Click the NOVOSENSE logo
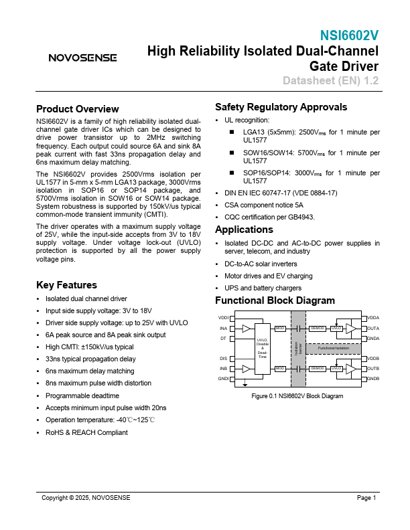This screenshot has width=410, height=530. (82, 58)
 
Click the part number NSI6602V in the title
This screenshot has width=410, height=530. (349, 35)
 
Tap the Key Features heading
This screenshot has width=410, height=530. (66, 285)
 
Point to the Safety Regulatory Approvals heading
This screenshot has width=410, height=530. (281, 107)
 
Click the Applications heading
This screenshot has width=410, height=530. (244, 230)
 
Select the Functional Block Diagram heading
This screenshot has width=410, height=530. (275, 300)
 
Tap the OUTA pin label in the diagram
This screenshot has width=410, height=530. (373, 329)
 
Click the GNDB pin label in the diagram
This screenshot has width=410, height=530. (373, 379)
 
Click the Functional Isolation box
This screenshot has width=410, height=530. (333, 349)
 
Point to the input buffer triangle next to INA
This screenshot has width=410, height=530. (246, 329)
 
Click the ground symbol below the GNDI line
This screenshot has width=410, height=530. (246, 384)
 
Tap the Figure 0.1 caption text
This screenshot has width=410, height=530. (297, 396)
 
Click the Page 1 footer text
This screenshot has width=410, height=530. (366, 498)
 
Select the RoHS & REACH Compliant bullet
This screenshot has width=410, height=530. (86, 433)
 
